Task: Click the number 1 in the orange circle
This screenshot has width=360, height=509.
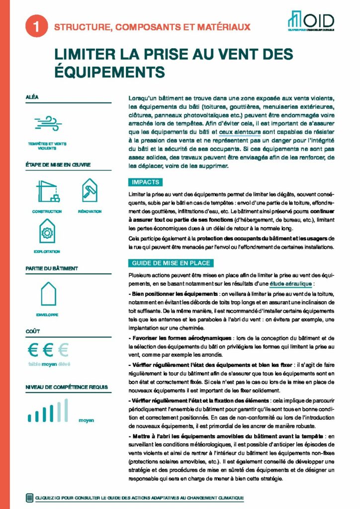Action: click(x=35, y=28)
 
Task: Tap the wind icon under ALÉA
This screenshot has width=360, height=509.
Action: click(x=48, y=123)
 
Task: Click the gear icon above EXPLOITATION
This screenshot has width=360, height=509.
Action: click(x=48, y=232)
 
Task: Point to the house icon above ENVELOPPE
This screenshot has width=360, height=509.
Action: click(x=48, y=294)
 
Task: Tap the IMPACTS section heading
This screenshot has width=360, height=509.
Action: click(x=146, y=182)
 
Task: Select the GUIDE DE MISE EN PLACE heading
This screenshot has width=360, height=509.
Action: click(x=171, y=263)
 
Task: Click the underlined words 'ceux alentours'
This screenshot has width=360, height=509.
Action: click(x=240, y=132)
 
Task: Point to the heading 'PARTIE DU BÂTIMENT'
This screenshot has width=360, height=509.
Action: click(x=52, y=268)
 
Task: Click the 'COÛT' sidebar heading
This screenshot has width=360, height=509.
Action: click(x=33, y=331)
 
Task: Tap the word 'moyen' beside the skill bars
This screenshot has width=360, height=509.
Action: click(x=86, y=421)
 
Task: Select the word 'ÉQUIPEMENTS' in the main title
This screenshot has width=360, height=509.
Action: click(x=109, y=71)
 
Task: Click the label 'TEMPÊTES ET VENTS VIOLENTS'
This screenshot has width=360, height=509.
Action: click(x=48, y=146)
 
